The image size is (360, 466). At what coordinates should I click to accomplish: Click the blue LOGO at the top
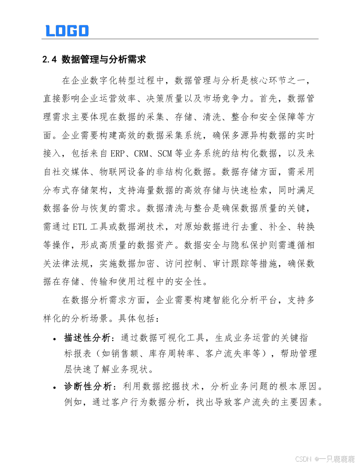tap(67, 31)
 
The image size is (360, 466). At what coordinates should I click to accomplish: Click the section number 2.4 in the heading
tap(48, 60)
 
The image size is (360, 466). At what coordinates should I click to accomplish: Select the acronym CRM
tap(144, 153)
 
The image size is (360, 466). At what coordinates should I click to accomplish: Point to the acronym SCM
tap(166, 153)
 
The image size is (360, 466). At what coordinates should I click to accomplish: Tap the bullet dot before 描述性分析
tap(54, 339)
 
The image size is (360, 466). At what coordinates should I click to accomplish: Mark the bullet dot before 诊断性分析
tap(54, 388)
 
